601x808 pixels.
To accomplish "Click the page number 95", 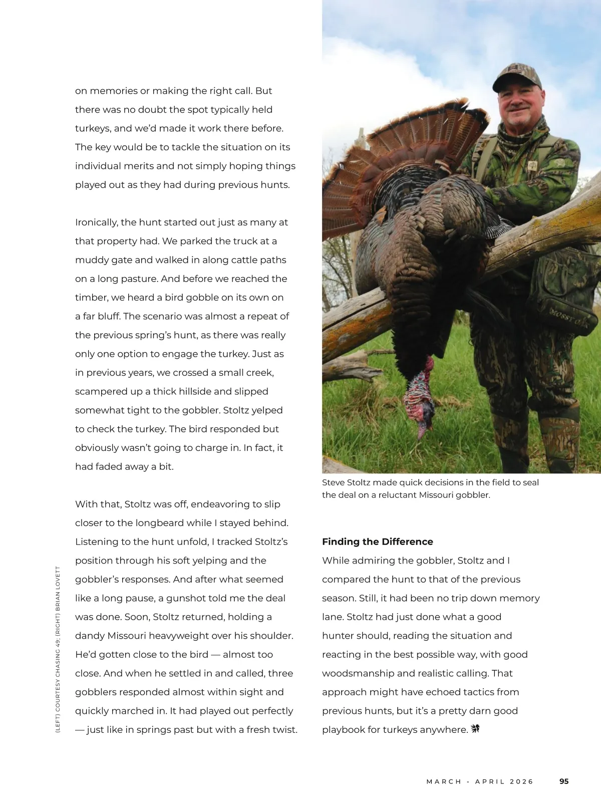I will coord(564,781).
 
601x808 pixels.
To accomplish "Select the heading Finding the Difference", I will coord(377,542).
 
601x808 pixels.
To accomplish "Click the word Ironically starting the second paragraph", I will coord(96,222).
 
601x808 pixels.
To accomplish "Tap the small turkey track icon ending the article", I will coord(475,729).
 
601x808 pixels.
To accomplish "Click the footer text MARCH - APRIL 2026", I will coord(480,781).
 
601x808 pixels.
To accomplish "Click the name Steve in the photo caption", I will coord(333,482).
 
